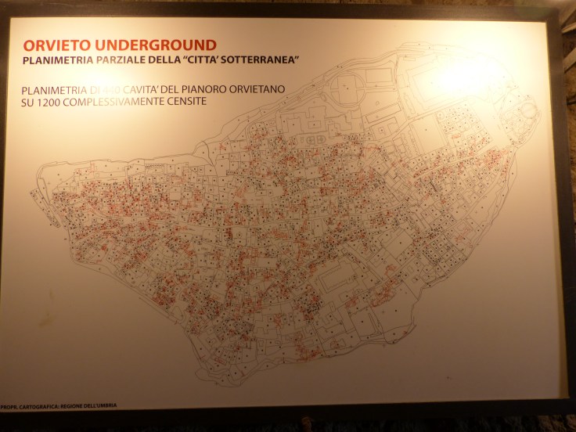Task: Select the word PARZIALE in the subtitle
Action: pos(121,59)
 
